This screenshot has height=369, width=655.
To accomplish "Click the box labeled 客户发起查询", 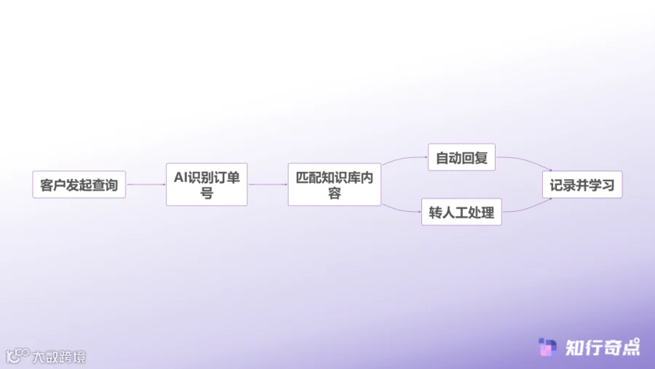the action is click(x=79, y=185).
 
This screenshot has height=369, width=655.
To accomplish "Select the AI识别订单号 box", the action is click(x=207, y=184).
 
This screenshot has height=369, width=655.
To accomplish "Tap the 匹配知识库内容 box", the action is click(x=334, y=184).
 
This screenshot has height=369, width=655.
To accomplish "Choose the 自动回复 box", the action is click(x=461, y=157).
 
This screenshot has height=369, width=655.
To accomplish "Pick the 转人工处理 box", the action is click(x=461, y=213).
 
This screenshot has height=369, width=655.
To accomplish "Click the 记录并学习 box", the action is click(x=582, y=185).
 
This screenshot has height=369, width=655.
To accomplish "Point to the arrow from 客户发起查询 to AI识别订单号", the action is click(x=146, y=185).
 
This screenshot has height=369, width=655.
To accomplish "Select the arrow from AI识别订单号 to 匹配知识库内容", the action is click(x=267, y=185).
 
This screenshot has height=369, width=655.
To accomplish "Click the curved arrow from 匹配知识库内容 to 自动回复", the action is click(x=404, y=161).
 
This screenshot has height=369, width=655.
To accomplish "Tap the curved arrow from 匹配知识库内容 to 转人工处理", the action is click(x=401, y=207).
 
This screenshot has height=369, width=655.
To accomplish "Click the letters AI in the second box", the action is click(x=180, y=176).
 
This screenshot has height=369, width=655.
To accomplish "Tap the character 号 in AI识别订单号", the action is click(x=207, y=193).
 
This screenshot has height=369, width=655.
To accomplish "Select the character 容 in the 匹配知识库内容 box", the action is click(x=334, y=193).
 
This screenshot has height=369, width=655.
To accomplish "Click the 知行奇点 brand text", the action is click(x=603, y=348).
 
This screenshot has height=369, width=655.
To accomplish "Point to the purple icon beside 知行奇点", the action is click(x=547, y=348).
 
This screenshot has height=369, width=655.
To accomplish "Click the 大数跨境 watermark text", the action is click(x=59, y=357).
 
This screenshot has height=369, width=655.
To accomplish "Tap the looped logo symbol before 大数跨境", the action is click(x=17, y=356).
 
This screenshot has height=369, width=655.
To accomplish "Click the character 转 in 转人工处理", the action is click(x=436, y=213).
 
